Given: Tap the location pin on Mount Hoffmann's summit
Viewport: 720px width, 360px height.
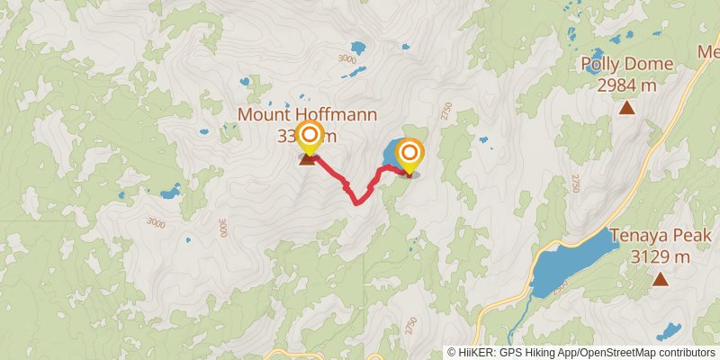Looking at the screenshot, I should (309, 138).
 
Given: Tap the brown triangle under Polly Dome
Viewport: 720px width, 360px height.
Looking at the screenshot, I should (625, 109).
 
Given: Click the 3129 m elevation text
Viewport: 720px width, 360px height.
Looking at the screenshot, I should (661, 257).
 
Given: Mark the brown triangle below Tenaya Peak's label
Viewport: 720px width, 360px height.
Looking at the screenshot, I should (661, 280).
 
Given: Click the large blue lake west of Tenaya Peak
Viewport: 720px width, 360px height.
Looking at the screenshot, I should (567, 261).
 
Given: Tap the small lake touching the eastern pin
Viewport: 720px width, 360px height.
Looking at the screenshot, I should (391, 153).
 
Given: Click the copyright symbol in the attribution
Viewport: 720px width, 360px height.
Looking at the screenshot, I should (453, 353).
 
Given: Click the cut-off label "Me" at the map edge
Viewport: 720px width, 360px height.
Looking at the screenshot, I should (707, 52).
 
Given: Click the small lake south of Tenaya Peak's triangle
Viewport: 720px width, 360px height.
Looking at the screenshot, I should (670, 330).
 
